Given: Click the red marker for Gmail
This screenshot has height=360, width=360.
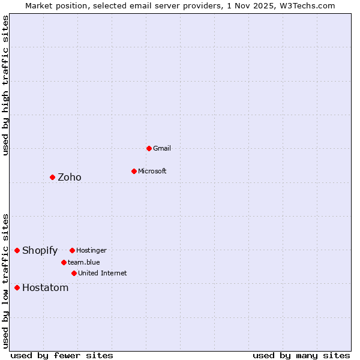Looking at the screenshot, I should pyautogui.click(x=149, y=148).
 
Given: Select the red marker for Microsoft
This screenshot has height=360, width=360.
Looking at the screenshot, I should pyautogui.click(x=134, y=171).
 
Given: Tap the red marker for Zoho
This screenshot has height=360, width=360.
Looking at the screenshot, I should pyautogui.click(x=52, y=177).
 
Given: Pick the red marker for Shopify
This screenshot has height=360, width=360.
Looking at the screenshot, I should pyautogui.click(x=17, y=250).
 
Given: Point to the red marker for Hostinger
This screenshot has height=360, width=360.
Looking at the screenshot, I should pyautogui.click(x=72, y=250).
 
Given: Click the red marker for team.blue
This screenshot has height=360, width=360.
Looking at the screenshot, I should pyautogui.click(x=64, y=262).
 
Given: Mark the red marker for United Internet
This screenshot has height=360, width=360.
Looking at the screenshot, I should pyautogui.click(x=74, y=273).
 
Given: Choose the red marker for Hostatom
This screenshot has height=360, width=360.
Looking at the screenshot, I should pyautogui.click(x=17, y=287).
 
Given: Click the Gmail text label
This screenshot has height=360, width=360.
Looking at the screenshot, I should pyautogui.click(x=162, y=148).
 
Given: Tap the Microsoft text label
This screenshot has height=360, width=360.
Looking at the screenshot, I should pyautogui.click(x=152, y=171).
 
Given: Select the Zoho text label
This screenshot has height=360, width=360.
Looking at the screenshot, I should pyautogui.click(x=70, y=177).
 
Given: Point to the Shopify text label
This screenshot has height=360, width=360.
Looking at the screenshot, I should pyautogui.click(x=40, y=250).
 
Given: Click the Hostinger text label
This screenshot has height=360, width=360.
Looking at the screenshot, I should pyautogui.click(x=91, y=250).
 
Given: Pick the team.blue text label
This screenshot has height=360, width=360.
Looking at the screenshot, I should pyautogui.click(x=84, y=262).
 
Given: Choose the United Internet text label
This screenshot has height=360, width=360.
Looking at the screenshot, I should pyautogui.click(x=103, y=273).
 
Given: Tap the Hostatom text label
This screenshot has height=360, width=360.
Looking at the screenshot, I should pyautogui.click(x=46, y=287).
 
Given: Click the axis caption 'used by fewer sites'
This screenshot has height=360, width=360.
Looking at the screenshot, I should pyautogui.click(x=62, y=355).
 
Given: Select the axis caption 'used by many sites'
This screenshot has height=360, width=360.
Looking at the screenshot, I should pyautogui.click(x=301, y=355).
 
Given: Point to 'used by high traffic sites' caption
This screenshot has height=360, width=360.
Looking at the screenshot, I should pyautogui.click(x=6, y=85).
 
